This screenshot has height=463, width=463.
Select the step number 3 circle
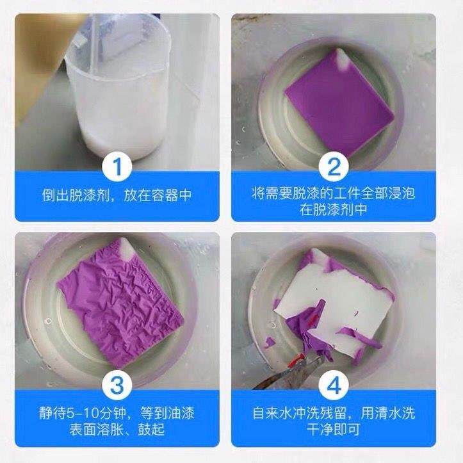117,386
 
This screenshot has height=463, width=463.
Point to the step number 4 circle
334,386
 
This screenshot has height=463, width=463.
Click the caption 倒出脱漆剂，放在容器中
117,195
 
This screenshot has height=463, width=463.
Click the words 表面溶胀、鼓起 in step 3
117,428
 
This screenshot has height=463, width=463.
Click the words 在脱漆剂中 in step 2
334,209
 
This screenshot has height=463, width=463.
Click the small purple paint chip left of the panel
270,342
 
